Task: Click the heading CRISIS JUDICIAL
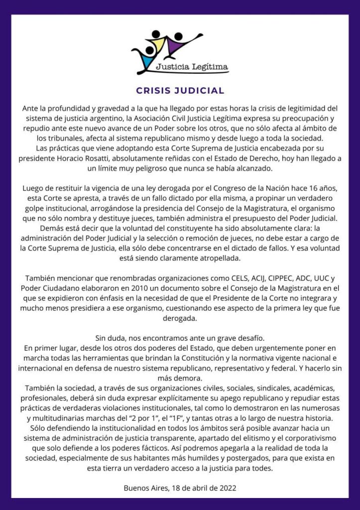point(180,91)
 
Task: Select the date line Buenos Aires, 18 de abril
point(169,488)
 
